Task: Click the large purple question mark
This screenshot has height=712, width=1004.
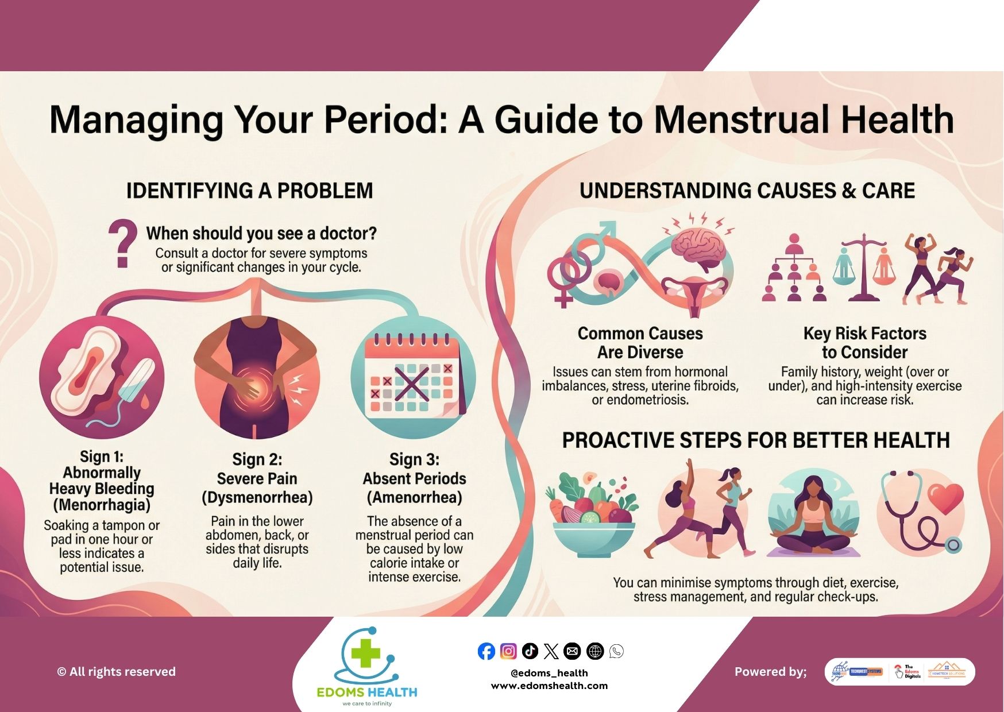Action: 122,243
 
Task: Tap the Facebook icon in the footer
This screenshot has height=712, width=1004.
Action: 486,651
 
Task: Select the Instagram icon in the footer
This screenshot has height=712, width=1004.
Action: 508,651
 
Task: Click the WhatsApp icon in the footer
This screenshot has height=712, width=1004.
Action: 616,651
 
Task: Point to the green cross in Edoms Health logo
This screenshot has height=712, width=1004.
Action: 366,654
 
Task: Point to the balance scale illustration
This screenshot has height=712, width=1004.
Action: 864,267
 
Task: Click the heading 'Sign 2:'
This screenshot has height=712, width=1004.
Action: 257,459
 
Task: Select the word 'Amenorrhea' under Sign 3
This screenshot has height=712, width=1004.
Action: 415,497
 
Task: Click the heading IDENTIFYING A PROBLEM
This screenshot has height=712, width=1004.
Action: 249,191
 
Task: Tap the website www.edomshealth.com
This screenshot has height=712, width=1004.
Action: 549,686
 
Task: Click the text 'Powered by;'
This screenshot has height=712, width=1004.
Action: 770,672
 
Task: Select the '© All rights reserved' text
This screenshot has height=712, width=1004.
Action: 117,672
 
